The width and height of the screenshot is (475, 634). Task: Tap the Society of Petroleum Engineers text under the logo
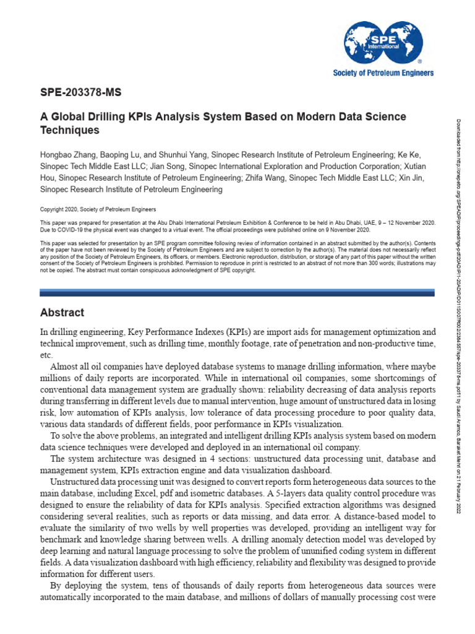(383, 73)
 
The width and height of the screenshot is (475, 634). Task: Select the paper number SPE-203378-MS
(80, 93)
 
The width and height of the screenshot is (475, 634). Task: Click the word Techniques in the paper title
(69, 131)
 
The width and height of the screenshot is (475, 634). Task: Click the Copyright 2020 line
(98, 209)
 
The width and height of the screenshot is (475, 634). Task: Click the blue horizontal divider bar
(237, 292)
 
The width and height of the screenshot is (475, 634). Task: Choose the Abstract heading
(62, 313)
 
